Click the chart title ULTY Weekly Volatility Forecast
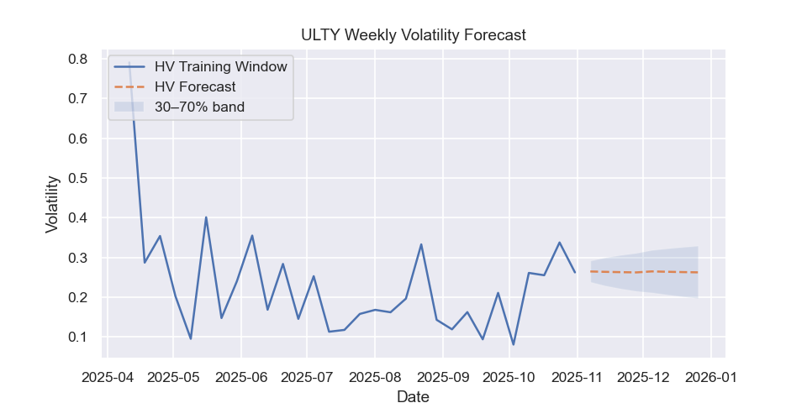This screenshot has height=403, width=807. (413, 35)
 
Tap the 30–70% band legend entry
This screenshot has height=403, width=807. (199, 107)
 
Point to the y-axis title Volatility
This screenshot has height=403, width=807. (52, 203)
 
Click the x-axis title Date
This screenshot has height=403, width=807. (413, 397)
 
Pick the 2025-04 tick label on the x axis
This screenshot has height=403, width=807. (107, 377)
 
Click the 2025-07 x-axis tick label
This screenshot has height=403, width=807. (307, 377)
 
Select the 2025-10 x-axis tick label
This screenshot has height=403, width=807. (509, 377)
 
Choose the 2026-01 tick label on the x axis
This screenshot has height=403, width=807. (711, 377)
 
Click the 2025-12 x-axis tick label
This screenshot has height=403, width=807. (643, 377)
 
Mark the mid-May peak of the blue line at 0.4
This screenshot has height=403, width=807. (206, 217)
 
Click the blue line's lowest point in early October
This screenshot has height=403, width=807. (513, 344)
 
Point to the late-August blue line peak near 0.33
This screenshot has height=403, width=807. (421, 244)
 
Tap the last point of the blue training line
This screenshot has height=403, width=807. (575, 272)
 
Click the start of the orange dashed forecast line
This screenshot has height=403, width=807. (591, 271)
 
